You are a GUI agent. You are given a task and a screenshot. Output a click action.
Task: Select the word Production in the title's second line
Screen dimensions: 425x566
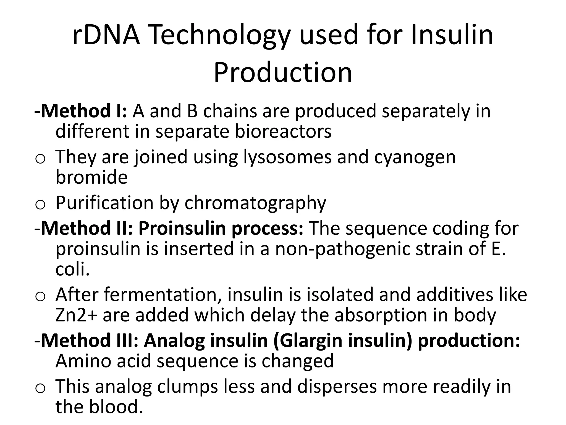pyautogui.click(x=283, y=72)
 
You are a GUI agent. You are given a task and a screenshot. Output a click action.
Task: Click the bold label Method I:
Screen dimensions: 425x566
pyautogui.click(x=80, y=111)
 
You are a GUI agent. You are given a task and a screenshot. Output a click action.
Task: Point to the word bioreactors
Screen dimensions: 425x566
pyautogui.click(x=283, y=131)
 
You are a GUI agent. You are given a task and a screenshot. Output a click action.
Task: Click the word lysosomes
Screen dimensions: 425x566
pyautogui.click(x=287, y=157)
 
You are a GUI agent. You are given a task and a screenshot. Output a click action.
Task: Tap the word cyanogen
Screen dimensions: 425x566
pyautogui.click(x=415, y=157)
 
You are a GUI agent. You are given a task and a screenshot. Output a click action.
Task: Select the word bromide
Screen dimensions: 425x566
pyautogui.click(x=91, y=177)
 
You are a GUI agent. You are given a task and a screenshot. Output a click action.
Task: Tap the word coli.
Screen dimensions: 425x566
pyautogui.click(x=72, y=269)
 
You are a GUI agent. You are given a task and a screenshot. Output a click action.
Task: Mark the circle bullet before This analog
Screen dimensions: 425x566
pyautogui.click(x=40, y=389)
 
